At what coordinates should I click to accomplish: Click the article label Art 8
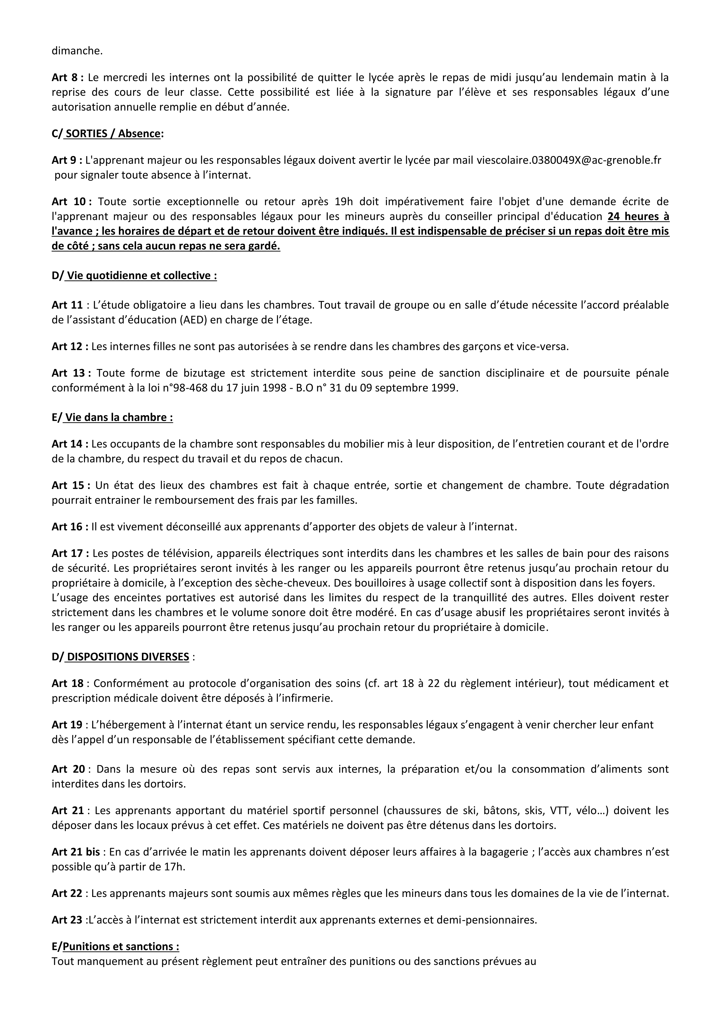(x=67, y=78)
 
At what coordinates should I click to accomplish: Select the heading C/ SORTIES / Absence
(x=107, y=134)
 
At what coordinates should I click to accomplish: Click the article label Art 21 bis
(x=76, y=852)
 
